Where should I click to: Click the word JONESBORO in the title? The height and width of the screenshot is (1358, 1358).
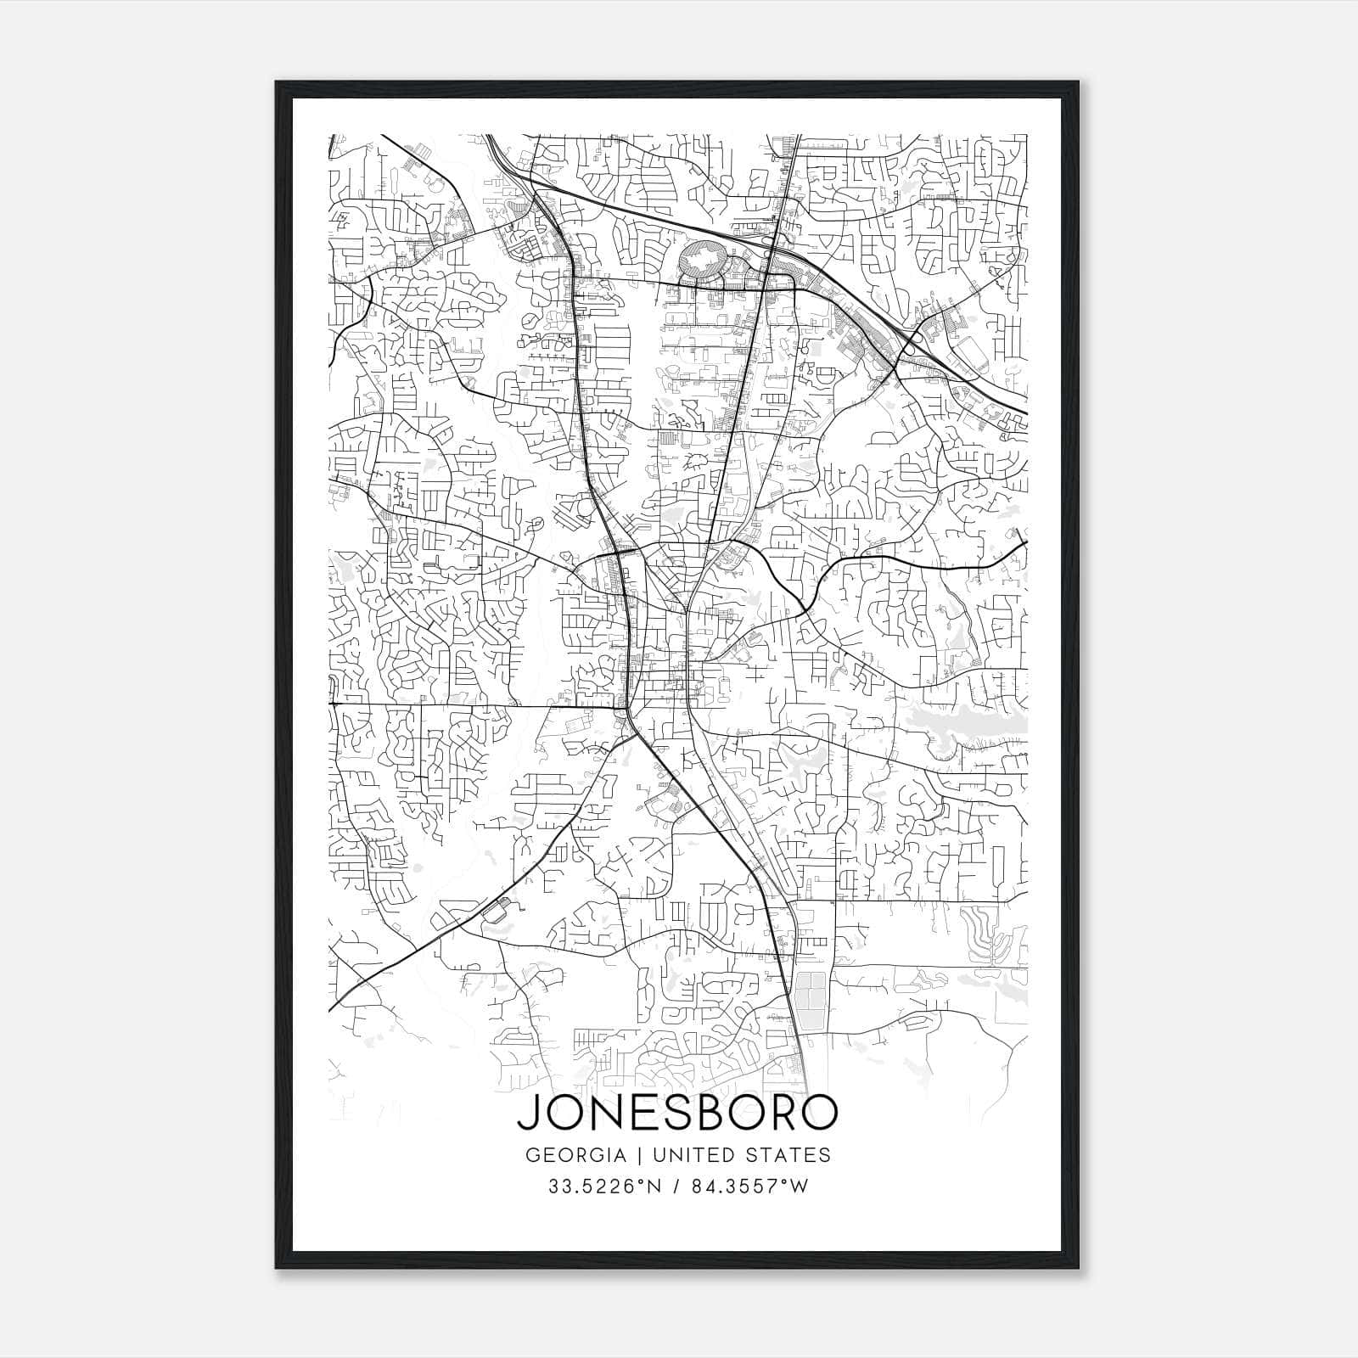pyautogui.click(x=677, y=1113)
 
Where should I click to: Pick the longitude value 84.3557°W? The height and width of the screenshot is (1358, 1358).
pyautogui.click(x=749, y=1187)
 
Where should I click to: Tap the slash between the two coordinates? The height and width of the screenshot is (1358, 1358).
pyautogui.click(x=675, y=1187)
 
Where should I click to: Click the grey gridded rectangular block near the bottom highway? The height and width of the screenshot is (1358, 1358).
pyautogui.click(x=811, y=1002)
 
